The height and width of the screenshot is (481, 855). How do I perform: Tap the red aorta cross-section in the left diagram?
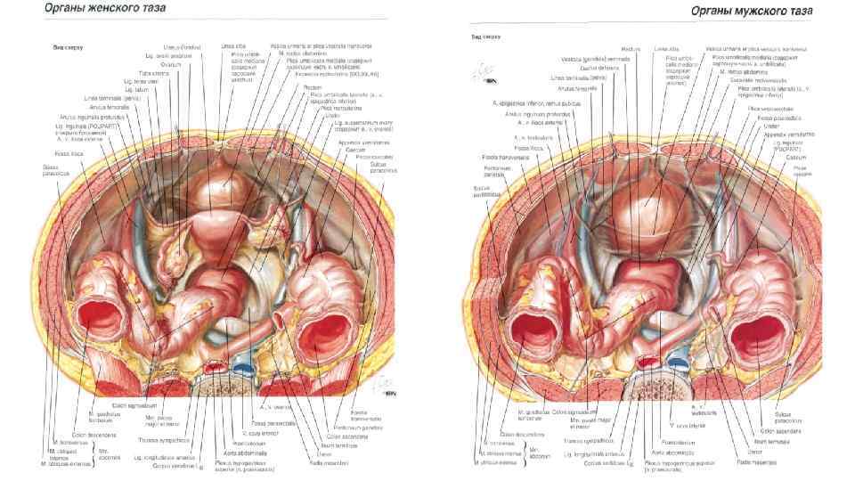pyautogui.click(x=215, y=366)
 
